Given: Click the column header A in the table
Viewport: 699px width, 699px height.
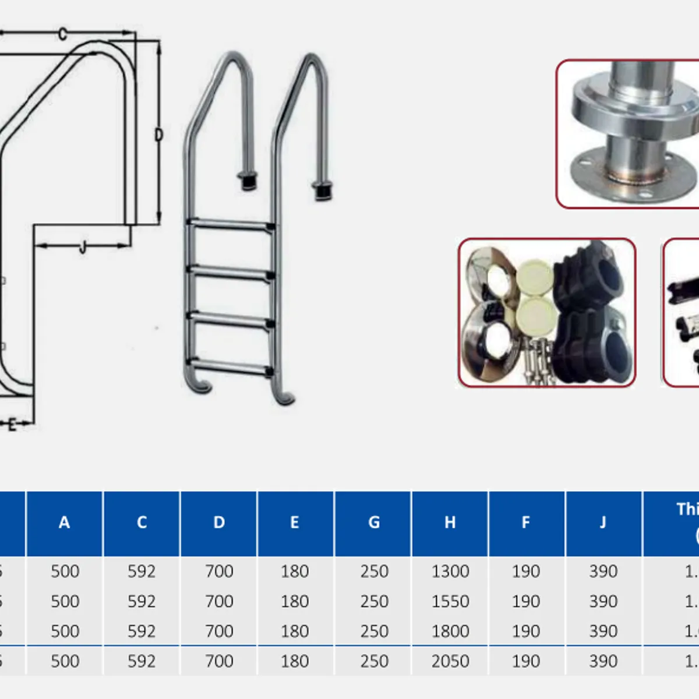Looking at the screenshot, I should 64,523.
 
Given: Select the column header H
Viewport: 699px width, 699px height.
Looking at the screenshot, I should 450,523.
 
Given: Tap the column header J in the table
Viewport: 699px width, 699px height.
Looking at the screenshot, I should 603,523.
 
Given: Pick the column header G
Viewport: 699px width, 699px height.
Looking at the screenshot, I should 373,523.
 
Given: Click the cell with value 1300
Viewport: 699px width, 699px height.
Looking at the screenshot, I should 450,571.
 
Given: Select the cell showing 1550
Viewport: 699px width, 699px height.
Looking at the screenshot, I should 450,601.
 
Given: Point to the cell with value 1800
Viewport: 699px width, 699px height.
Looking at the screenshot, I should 450,631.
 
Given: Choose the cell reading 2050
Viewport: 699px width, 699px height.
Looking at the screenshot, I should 450,661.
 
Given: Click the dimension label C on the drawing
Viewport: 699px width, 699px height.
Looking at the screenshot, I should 63,34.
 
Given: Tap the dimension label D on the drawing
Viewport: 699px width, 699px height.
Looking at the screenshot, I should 158,135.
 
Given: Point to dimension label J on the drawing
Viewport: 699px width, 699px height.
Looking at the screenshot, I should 82,247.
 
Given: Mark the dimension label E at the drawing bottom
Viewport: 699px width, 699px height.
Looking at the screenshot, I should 12,425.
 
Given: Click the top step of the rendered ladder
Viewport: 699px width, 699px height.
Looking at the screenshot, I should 231,224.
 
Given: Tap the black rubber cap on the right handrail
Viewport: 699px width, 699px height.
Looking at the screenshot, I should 322,191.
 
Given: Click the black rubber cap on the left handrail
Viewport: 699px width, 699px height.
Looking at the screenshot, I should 247,181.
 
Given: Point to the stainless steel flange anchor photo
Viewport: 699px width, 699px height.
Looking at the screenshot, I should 628,134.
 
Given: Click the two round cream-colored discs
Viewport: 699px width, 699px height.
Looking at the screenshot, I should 534,297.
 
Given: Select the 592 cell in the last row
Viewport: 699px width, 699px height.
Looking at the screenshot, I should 142,661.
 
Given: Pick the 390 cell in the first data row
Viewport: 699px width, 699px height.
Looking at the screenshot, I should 603,571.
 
